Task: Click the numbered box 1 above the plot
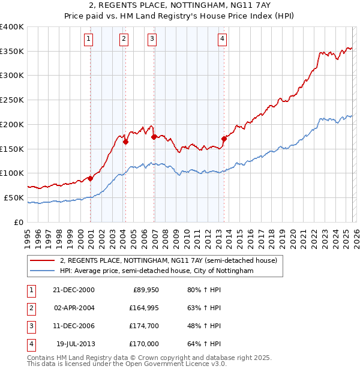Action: [x=88, y=40]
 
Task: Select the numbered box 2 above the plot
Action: [x=124, y=40]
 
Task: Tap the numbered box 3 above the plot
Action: [x=152, y=40]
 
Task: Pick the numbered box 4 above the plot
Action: [x=222, y=40]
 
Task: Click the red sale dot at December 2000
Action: [x=91, y=178]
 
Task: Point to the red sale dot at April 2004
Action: [x=125, y=142]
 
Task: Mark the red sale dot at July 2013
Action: [x=224, y=139]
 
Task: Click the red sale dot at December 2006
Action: [x=154, y=137]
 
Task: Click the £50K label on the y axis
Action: [x=14, y=197]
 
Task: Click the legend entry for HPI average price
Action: [x=157, y=271]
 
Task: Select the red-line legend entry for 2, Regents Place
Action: [x=168, y=261]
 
